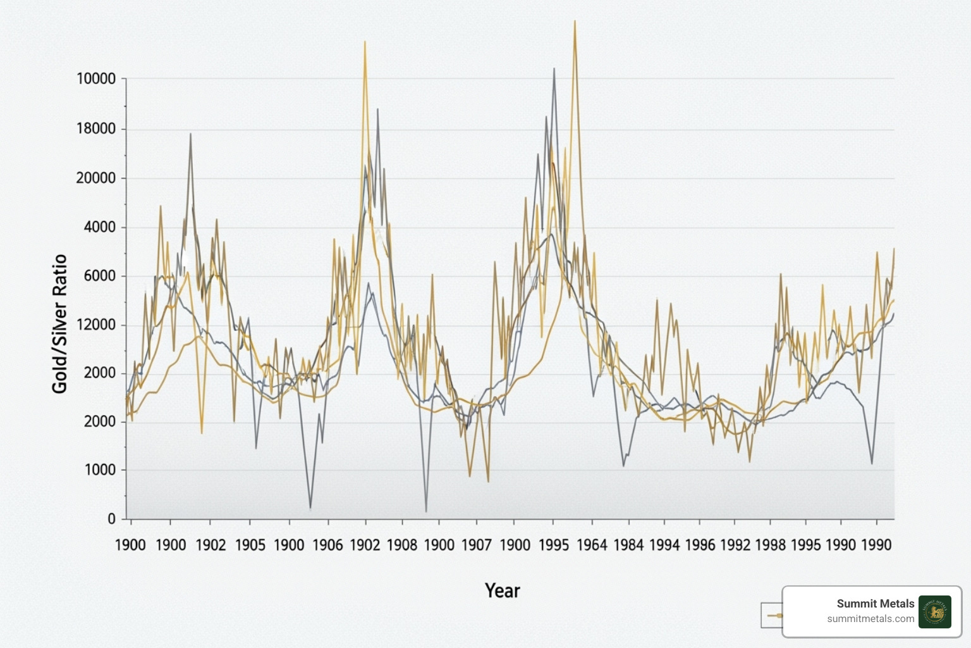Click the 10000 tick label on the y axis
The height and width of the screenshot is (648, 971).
tap(96, 79)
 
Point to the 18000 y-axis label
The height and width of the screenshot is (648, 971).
tap(96, 128)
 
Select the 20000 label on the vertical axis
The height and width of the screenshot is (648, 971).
tap(96, 178)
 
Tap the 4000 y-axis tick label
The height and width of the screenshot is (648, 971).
tap(100, 227)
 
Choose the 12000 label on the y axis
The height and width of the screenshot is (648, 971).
tap(96, 325)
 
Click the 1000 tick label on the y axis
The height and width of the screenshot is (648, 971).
tap(100, 470)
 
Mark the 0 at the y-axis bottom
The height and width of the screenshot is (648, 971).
tap(112, 519)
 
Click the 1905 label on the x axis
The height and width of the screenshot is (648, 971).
tap(250, 545)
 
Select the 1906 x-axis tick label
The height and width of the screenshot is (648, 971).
tap(327, 545)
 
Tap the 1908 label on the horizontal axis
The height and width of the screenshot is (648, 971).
tap(402, 545)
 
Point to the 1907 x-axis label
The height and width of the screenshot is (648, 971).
tap(476, 545)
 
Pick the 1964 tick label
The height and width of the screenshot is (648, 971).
tap(592, 545)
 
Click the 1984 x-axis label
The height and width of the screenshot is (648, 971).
tap(628, 545)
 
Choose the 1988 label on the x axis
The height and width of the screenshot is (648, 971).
tap(770, 545)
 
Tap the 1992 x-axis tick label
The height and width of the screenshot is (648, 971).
tap(735, 545)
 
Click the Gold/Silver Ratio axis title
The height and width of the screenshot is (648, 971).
tap(59, 323)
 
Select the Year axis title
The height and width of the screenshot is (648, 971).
tap(502, 590)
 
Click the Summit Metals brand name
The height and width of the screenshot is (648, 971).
tap(875, 604)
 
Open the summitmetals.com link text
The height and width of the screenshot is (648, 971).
tap(870, 619)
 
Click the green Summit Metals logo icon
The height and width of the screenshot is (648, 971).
tap(934, 611)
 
